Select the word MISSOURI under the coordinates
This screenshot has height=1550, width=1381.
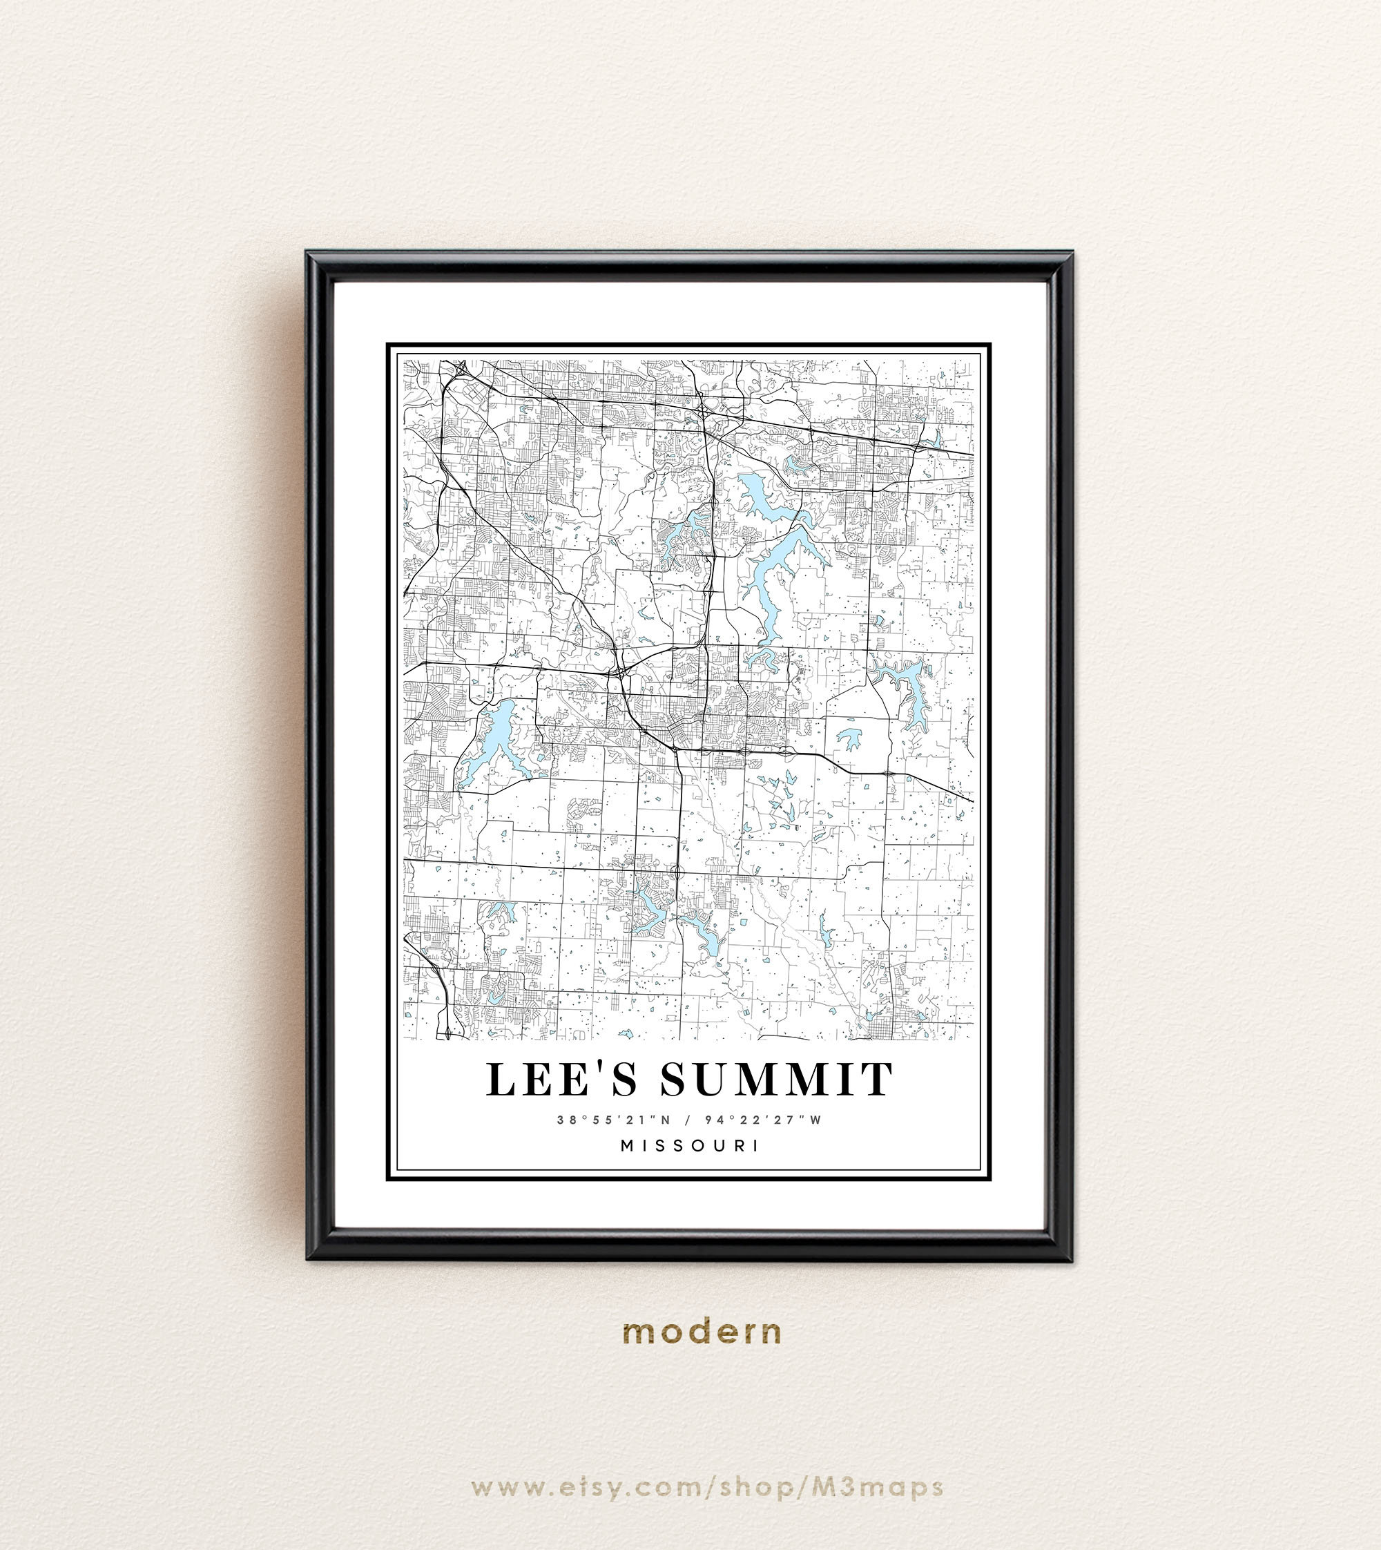tap(690, 1145)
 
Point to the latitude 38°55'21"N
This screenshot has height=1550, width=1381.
tap(613, 1120)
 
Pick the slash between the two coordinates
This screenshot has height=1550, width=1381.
tap(688, 1120)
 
